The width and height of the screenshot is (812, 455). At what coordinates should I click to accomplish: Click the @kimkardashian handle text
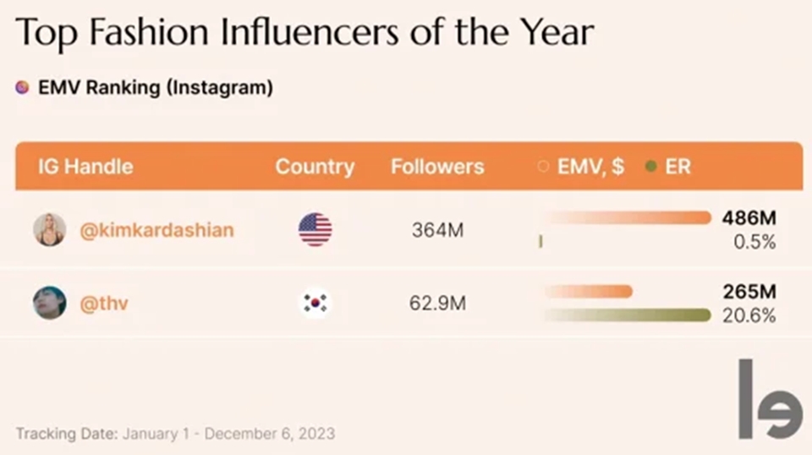(156, 230)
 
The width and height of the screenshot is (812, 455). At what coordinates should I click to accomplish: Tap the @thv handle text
(104, 303)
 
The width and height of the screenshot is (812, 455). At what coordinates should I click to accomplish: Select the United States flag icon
(315, 229)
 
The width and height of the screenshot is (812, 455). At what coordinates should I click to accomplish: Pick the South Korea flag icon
(315, 303)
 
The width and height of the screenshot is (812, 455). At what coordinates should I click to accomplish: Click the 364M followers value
(437, 230)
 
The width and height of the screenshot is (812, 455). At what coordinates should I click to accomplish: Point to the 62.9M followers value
(437, 303)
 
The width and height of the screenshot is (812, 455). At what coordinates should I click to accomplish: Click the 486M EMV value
(749, 218)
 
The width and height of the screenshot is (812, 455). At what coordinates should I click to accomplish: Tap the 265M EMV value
(749, 292)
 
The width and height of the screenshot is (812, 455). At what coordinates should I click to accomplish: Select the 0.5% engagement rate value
(754, 242)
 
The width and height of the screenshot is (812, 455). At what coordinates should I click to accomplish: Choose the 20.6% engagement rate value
(750, 315)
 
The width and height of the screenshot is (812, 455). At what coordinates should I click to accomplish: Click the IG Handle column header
(85, 166)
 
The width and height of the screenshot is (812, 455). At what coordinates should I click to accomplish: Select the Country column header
(315, 166)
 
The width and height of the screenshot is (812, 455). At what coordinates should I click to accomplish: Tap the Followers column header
(437, 166)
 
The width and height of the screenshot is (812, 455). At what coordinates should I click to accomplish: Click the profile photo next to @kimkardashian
(49, 229)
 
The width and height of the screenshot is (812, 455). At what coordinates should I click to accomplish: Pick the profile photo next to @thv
(49, 303)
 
